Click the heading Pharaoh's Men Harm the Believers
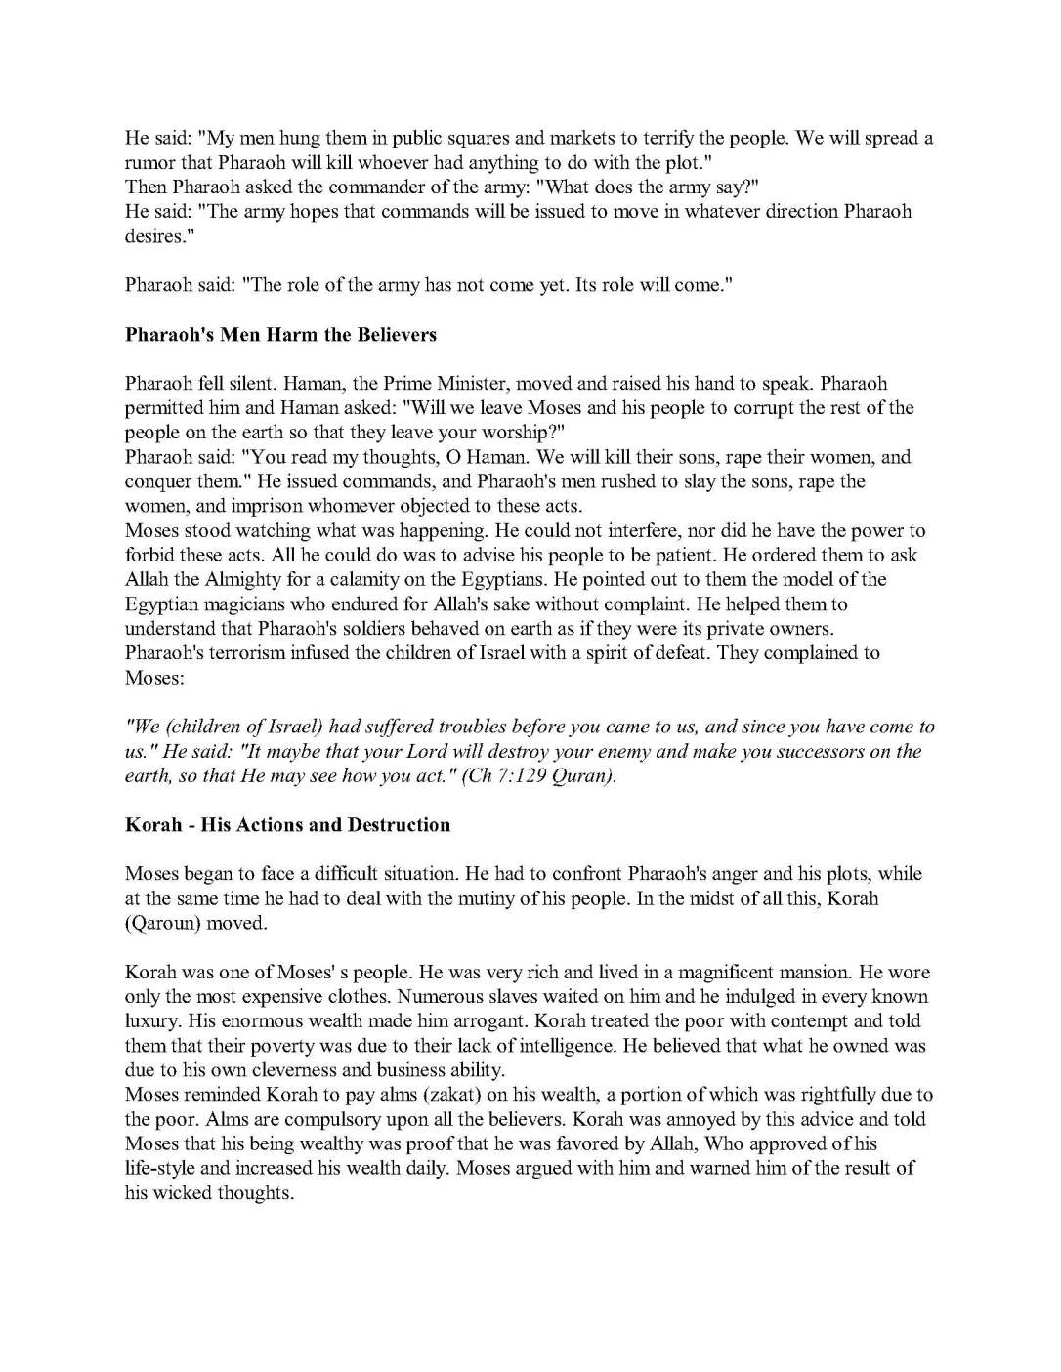[280, 335]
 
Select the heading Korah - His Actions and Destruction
[287, 825]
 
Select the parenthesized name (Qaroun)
[162, 924]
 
